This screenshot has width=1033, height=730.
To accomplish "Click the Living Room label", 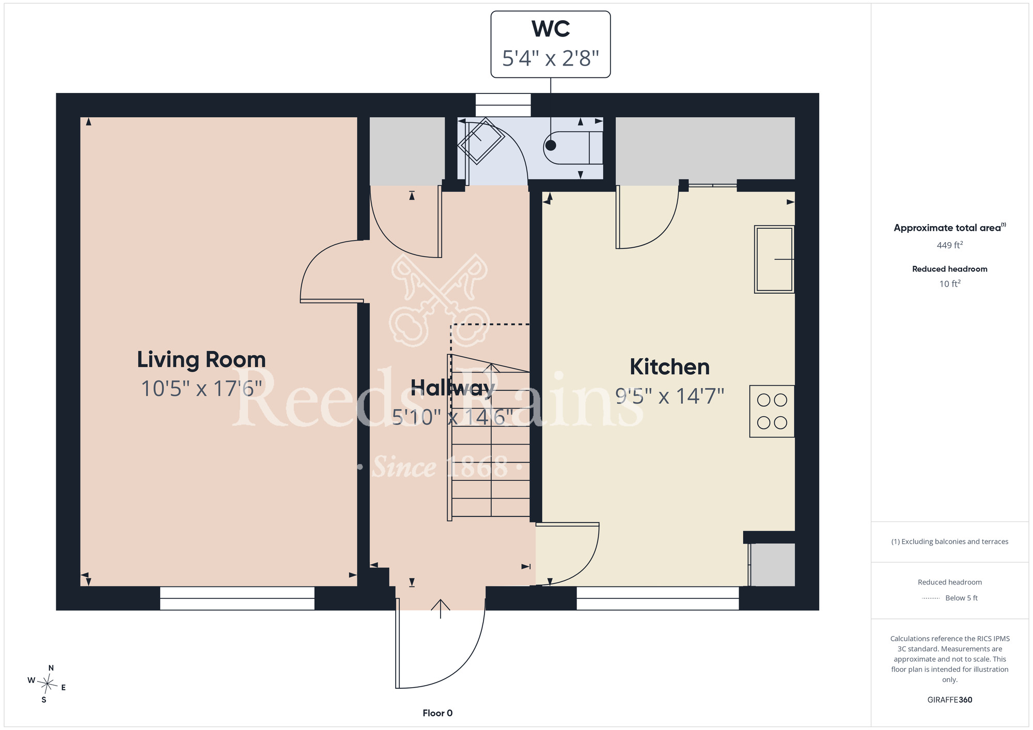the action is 201,360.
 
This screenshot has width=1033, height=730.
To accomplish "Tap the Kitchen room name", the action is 670,367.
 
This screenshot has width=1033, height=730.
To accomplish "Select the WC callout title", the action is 551,29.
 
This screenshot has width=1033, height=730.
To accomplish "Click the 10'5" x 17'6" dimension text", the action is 201,389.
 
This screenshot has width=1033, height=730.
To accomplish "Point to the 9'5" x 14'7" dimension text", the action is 670,396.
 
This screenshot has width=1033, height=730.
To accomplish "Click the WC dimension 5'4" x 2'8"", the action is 551,58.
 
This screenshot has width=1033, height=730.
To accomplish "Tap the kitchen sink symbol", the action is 774,259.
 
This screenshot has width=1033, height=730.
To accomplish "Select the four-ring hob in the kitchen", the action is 772,411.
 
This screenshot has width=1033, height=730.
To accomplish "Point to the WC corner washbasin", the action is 481,140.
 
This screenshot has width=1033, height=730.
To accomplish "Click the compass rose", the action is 47,685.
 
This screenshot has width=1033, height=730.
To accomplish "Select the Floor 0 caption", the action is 437,713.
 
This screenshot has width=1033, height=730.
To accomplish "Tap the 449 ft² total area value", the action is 950,245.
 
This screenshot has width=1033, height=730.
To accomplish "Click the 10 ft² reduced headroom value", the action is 950,284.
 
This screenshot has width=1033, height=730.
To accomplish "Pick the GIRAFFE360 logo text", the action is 950,700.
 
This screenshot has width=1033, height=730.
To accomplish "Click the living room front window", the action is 237,598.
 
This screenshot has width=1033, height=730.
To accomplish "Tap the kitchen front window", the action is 658,598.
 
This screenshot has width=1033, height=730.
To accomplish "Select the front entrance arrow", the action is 440,609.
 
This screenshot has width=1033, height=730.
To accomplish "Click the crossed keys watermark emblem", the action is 440,299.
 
